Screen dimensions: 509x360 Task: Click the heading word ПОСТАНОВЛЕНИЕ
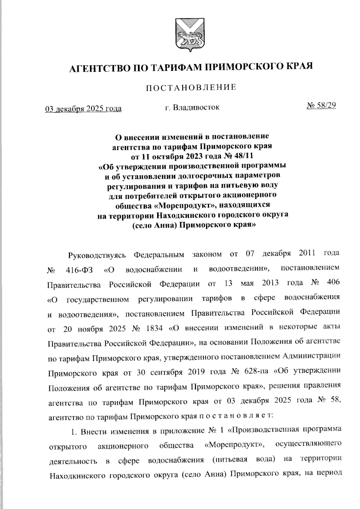[191, 87]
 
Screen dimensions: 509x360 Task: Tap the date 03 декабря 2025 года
[83, 109]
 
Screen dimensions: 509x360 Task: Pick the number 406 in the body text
[333, 283]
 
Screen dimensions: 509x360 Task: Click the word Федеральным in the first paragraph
[158, 255]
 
